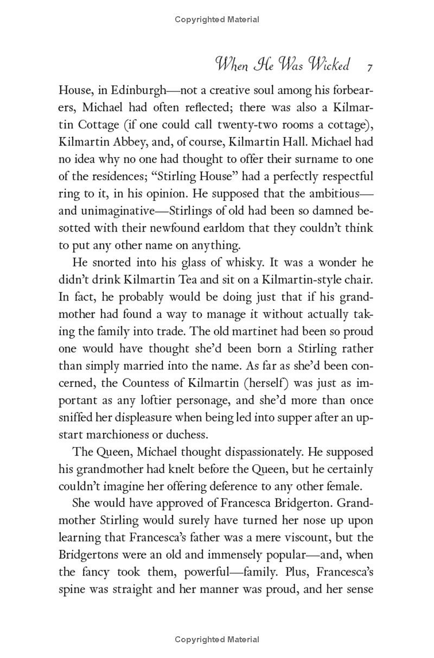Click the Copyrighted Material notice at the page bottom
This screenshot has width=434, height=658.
pos(217,639)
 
